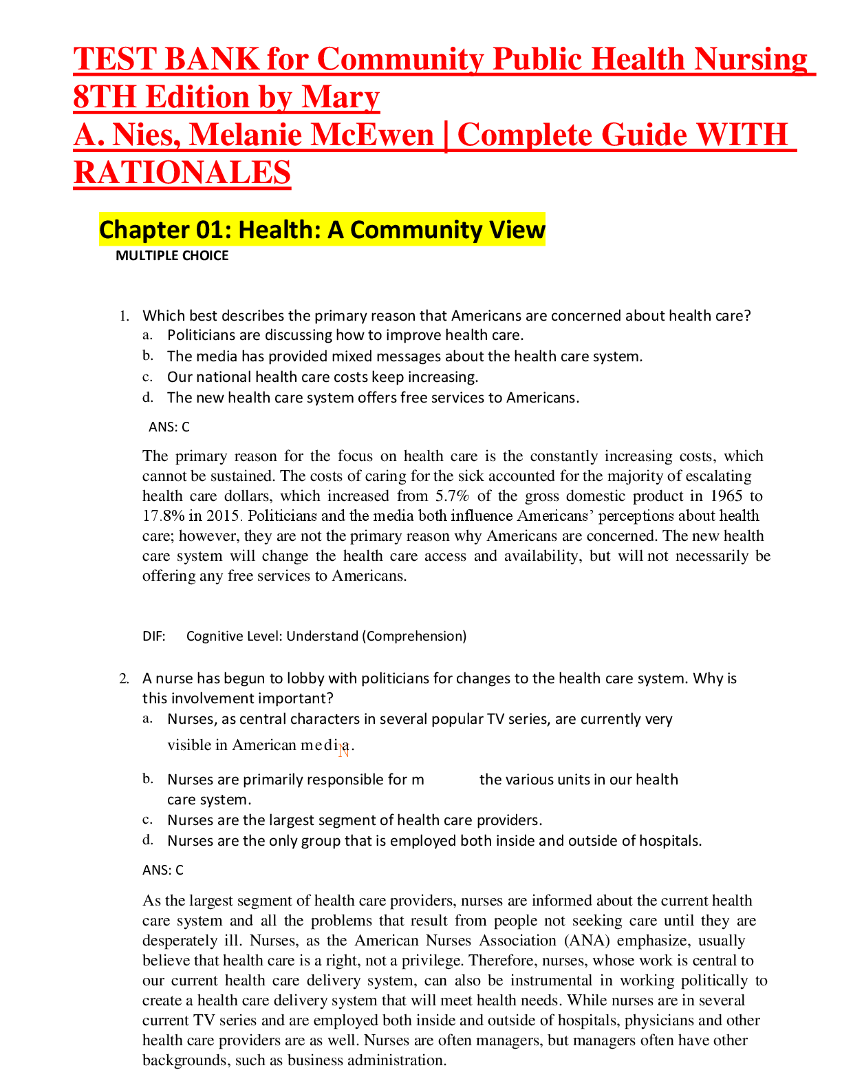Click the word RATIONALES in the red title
182,172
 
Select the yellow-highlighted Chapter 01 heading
322,230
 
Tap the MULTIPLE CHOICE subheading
172,256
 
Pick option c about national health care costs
322,377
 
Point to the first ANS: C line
169,427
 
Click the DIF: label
154,637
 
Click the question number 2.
123,679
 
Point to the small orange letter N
344,751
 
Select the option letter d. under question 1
147,398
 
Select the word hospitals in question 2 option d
669,841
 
